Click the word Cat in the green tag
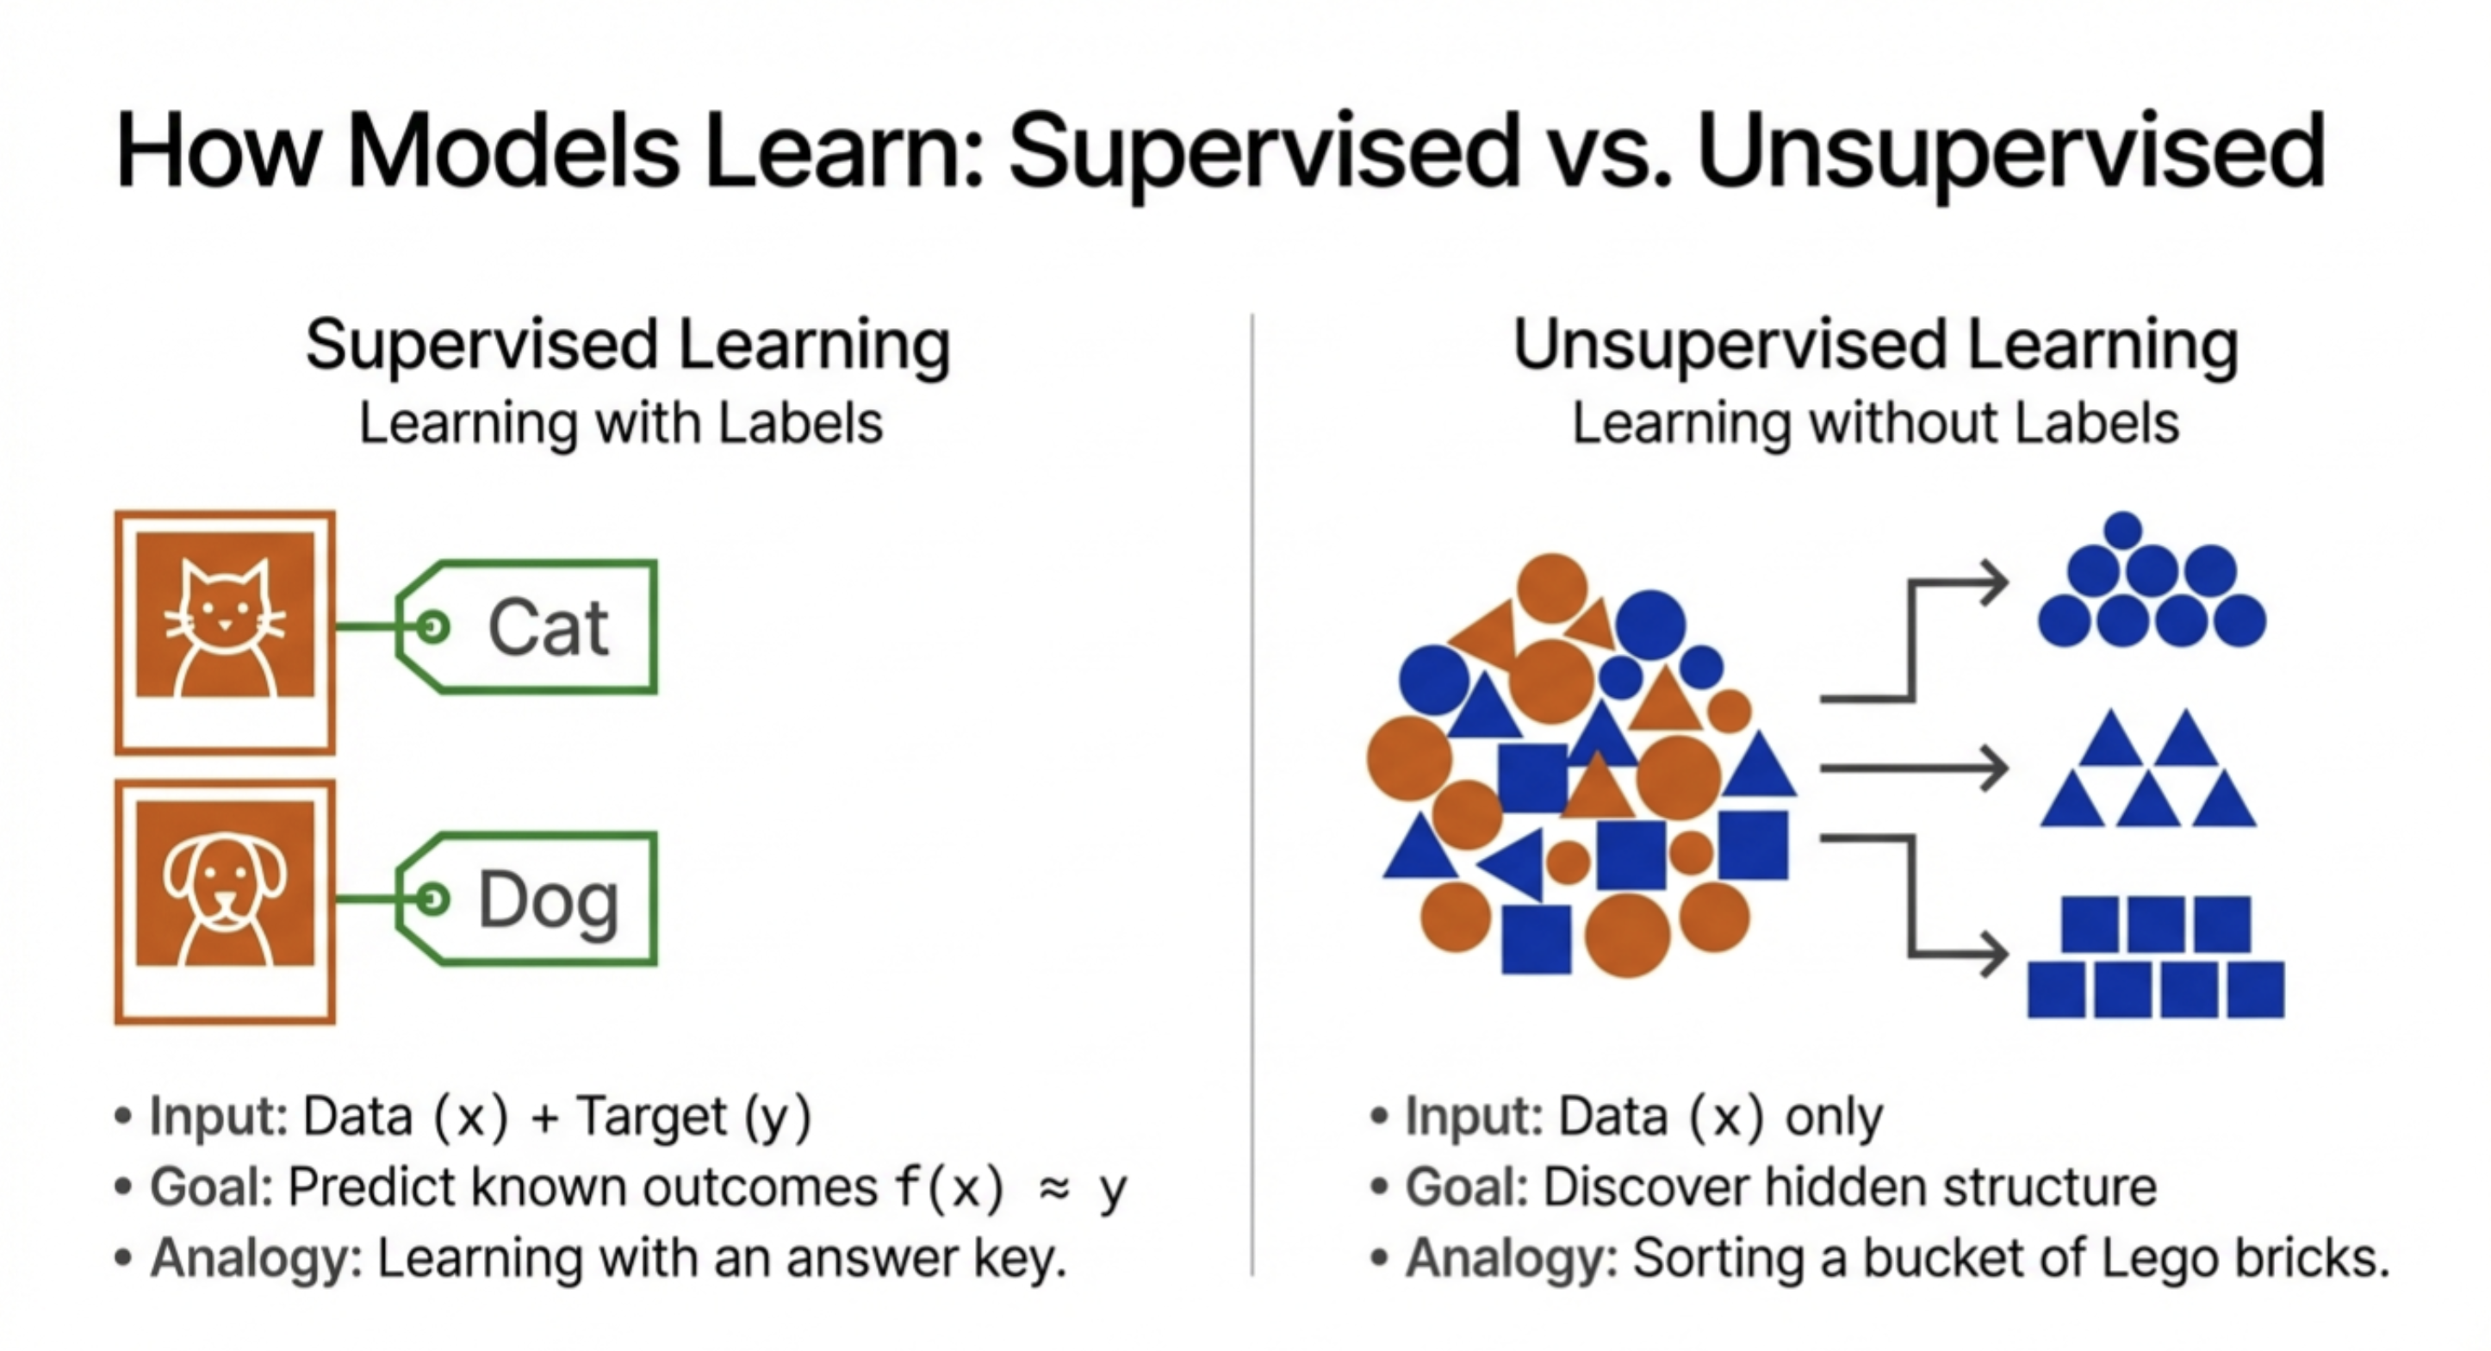click(549, 629)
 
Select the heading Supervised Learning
click(629, 346)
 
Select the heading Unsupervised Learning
click(1875, 346)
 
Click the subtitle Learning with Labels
click(621, 424)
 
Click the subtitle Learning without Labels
click(1875, 424)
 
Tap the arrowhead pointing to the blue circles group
click(1992, 583)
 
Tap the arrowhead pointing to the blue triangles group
click(1992, 769)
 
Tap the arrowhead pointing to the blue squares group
click(1992, 955)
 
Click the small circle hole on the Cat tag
click(432, 627)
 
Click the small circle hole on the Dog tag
click(432, 900)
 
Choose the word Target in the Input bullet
click(651, 1117)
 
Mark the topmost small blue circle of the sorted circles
click(2122, 530)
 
